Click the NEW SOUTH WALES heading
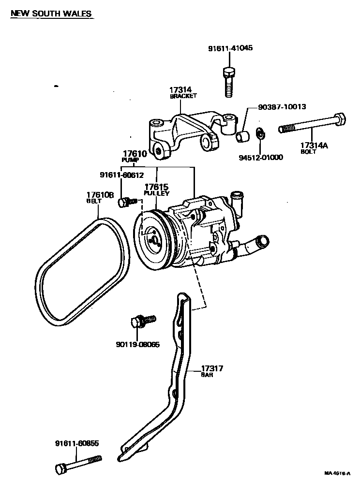[51, 14]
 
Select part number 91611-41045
[230, 48]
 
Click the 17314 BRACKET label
[182, 92]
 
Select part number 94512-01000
[261, 157]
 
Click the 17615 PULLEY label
[156, 189]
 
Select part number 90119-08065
[138, 344]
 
